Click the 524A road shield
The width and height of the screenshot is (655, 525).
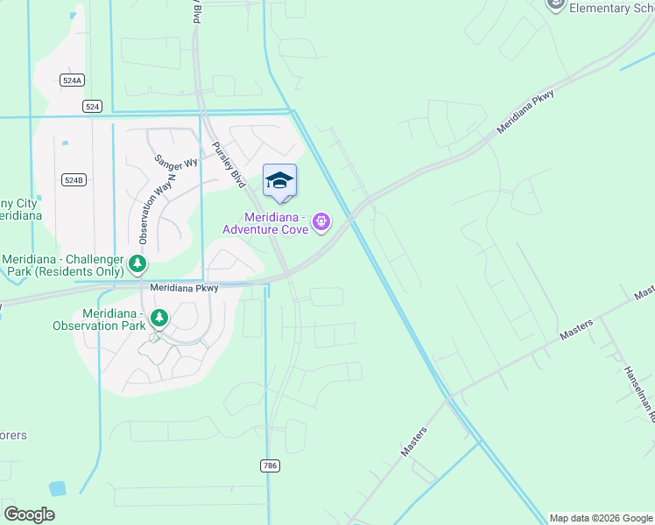click(x=73, y=80)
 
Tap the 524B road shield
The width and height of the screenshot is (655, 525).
click(x=74, y=179)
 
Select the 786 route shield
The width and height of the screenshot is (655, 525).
click(x=270, y=465)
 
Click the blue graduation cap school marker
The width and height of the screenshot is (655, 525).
click(x=279, y=181)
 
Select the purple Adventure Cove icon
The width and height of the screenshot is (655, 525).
click(x=321, y=223)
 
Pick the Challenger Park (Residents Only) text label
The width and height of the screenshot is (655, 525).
click(x=63, y=266)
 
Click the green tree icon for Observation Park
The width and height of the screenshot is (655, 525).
click(x=158, y=318)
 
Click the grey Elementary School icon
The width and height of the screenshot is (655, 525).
click(x=555, y=4)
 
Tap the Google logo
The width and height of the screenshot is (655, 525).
click(x=29, y=514)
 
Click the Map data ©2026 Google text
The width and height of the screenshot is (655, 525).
click(x=600, y=518)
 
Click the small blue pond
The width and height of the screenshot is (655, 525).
click(x=58, y=489)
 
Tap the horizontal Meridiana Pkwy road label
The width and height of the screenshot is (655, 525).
click(x=183, y=286)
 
